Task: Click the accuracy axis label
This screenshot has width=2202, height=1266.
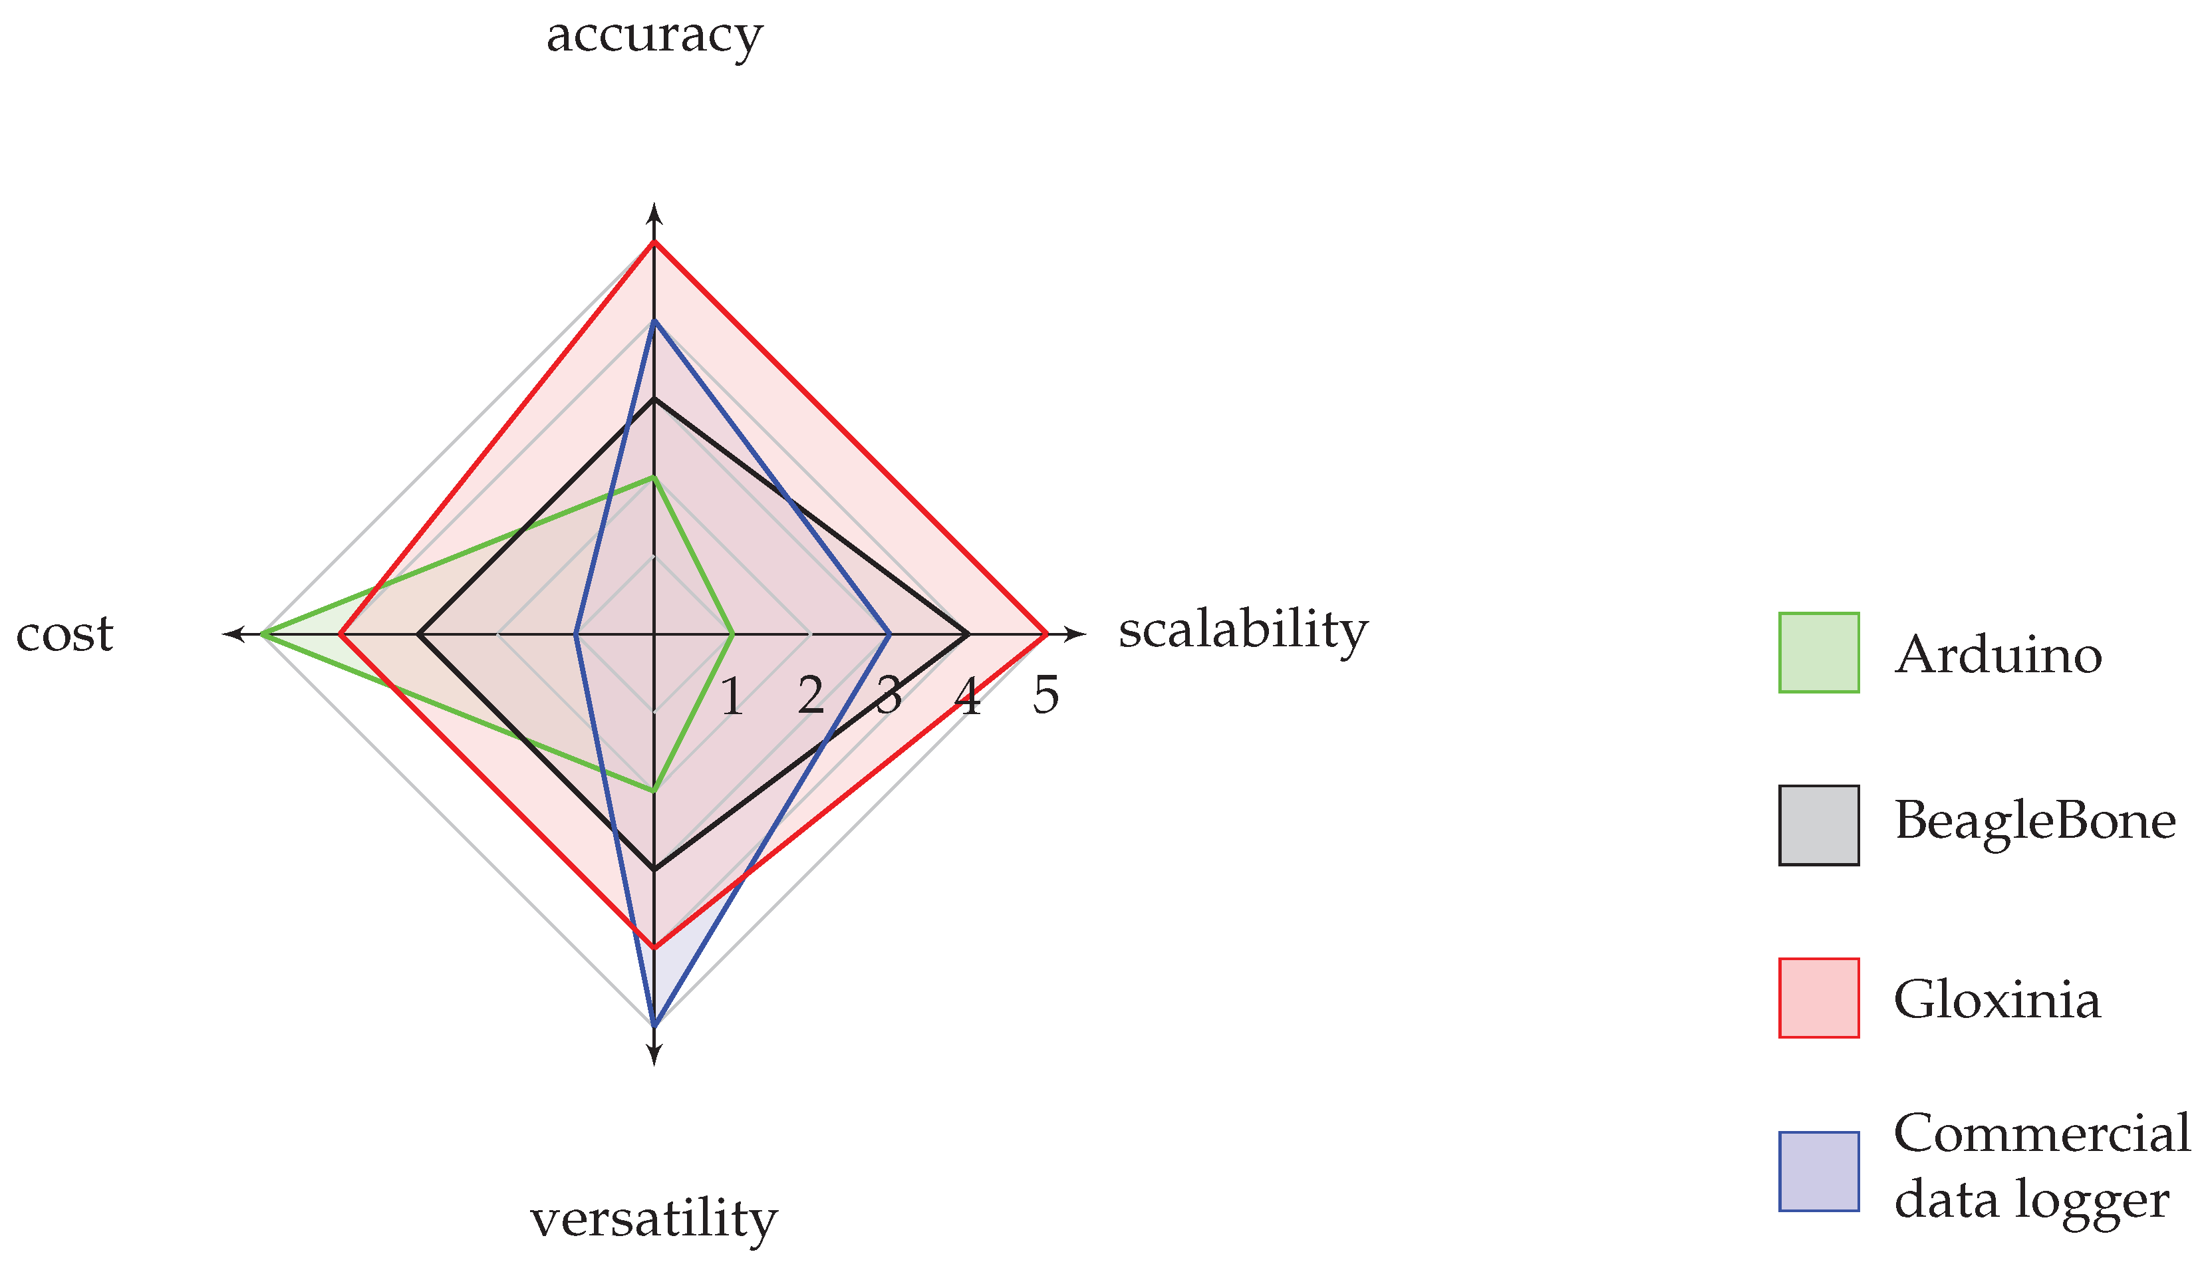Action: coord(654,37)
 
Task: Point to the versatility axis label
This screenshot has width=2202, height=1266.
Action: coord(654,1219)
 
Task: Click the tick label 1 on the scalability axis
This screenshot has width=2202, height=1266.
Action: coord(732,696)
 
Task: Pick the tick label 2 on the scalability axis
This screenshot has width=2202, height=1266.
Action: coord(811,696)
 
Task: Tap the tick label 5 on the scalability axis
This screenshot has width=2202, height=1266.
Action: coord(1045,696)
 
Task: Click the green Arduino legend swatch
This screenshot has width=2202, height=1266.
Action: coord(1818,653)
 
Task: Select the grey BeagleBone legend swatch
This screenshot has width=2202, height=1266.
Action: coord(1818,825)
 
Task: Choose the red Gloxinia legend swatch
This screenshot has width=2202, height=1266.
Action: coord(1818,998)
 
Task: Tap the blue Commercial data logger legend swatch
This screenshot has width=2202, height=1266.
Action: coord(1818,1171)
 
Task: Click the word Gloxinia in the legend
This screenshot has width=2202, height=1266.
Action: coord(1996,1000)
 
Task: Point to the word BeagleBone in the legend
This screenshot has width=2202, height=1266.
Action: coord(2035,820)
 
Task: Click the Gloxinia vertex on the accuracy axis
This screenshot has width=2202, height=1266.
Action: coord(654,243)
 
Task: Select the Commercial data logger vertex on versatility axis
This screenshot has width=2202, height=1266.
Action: coord(654,1026)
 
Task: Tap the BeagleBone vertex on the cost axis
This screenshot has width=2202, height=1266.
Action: coord(419,635)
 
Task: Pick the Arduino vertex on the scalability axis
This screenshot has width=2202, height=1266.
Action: coord(732,635)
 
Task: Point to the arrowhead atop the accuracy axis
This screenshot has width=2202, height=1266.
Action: coord(654,211)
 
